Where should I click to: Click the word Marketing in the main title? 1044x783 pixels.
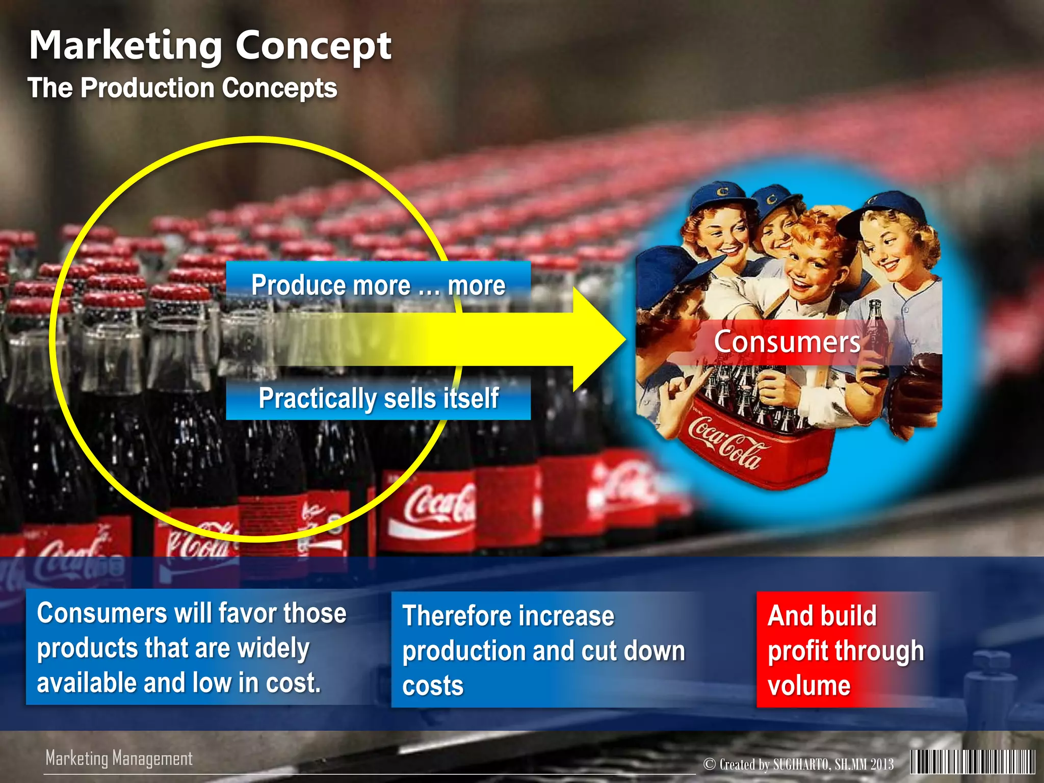[125, 46]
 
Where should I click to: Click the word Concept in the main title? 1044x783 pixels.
[313, 46]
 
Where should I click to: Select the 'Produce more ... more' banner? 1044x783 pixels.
[378, 285]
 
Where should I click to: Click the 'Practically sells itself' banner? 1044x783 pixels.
[378, 398]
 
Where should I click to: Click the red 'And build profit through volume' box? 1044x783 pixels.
[846, 650]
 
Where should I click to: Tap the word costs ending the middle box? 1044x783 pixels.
[433, 686]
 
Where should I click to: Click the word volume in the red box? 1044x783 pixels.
[809, 686]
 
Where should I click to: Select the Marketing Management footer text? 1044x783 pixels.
[119, 758]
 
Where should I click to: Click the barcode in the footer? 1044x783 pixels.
[973, 763]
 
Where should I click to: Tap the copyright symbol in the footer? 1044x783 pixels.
[709, 764]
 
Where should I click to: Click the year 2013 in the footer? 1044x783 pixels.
[881, 764]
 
